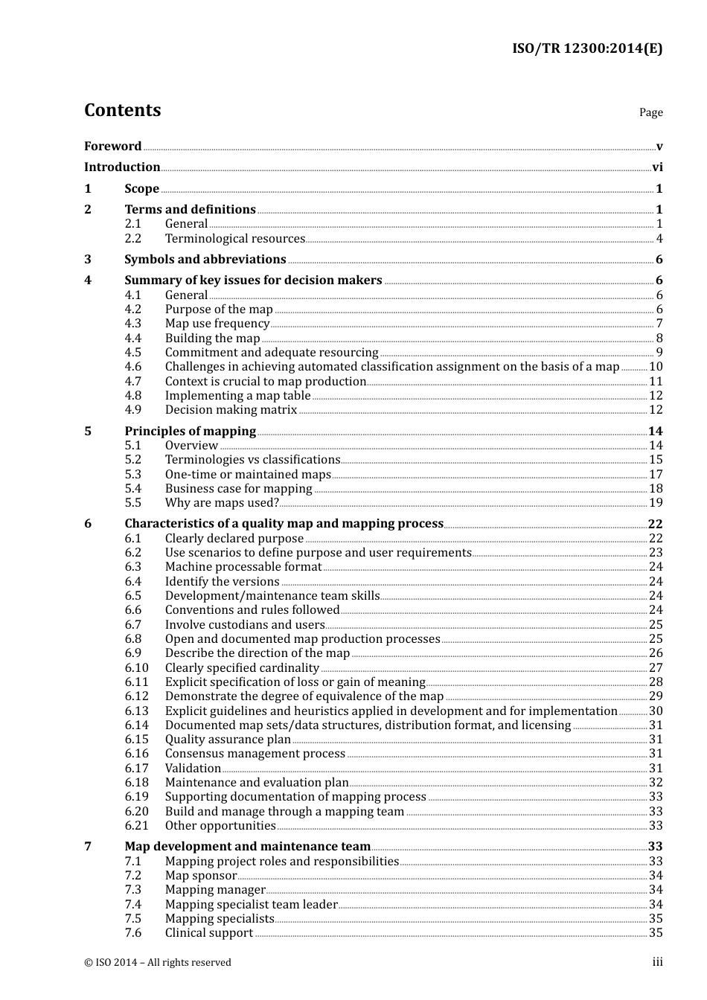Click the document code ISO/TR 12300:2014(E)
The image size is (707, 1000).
tap(586, 49)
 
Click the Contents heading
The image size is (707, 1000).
tap(122, 110)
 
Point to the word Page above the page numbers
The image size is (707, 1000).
tap(650, 112)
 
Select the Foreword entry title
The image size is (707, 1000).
tap(112, 147)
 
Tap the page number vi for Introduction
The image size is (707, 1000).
tap(657, 167)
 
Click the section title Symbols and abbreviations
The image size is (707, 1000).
tap(205, 260)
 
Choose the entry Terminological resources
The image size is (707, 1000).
tap(234, 239)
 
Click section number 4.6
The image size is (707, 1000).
tap(132, 367)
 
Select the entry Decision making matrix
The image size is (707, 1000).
tap(231, 410)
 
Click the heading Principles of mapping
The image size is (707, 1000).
tap(190, 432)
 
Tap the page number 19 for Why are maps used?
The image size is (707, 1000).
tap(656, 503)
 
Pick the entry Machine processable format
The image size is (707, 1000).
tap(243, 567)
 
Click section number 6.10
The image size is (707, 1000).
tap(136, 668)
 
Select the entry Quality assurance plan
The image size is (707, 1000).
tap(228, 740)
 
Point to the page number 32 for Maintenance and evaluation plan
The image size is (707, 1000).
tap(656, 783)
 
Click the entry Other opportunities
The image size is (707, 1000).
tap(220, 826)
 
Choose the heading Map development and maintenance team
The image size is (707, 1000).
tap(247, 847)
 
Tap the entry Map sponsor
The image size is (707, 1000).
tap(200, 876)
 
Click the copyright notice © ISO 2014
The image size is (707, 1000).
tap(157, 963)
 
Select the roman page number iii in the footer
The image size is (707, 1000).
tap(657, 963)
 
